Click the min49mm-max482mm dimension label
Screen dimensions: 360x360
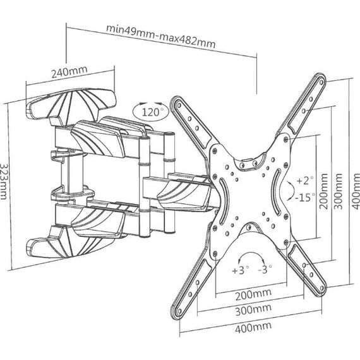pyautogui.click(x=160, y=36)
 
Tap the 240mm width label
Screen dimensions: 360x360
pyautogui.click(x=69, y=71)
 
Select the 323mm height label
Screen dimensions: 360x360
pyautogui.click(x=4, y=181)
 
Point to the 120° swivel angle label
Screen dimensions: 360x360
pyautogui.click(x=150, y=112)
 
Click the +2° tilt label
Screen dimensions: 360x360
pyautogui.click(x=305, y=180)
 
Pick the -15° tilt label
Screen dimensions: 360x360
pyautogui.click(x=305, y=197)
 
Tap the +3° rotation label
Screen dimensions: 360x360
pyautogui.click(x=241, y=270)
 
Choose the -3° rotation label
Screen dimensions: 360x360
pyautogui.click(x=265, y=269)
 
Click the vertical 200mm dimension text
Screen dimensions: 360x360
pyautogui.click(x=324, y=191)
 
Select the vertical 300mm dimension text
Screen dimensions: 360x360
pyautogui.click(x=338, y=191)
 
